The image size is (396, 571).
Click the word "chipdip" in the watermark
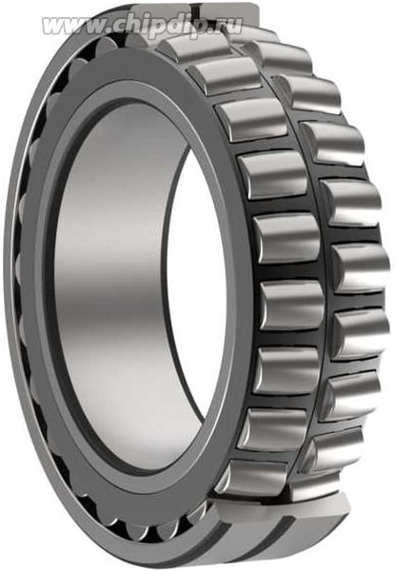[150, 25]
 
